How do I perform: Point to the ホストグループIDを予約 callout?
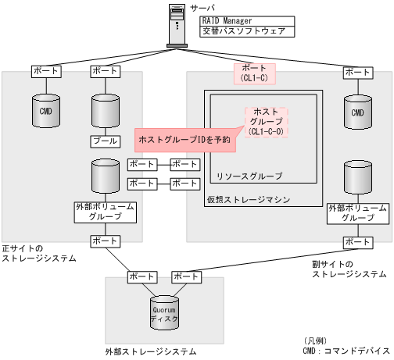click(184, 139)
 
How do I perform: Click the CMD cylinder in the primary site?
click(45, 112)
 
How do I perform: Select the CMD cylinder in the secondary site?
click(358, 112)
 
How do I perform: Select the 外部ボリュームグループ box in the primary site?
click(105, 213)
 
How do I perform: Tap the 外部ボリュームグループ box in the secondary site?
click(357, 213)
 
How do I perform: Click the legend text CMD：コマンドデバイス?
click(346, 352)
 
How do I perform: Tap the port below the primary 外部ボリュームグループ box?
click(105, 241)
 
